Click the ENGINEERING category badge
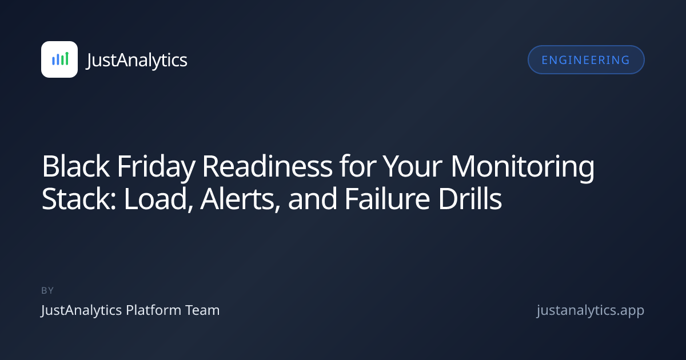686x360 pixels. pos(586,59)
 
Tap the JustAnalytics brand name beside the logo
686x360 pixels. pos(137,60)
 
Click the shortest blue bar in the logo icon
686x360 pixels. pos(53,61)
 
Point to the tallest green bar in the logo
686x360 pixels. pos(67,58)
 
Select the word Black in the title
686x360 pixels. pos(75,166)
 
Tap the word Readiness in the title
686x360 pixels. pos(267,166)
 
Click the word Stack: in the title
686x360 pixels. pos(79,199)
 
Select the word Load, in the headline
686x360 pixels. pos(158,199)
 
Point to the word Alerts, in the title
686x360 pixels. pos(240,199)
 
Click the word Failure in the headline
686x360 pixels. pos(388,199)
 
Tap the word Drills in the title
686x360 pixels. pos(470,199)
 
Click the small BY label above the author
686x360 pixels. pos(47,290)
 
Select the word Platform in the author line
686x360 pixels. pos(154,310)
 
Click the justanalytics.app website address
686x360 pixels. pos(591,310)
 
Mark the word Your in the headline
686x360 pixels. pos(413,166)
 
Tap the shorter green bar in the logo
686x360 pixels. pos(62,59)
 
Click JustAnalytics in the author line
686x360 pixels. pos(81,310)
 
